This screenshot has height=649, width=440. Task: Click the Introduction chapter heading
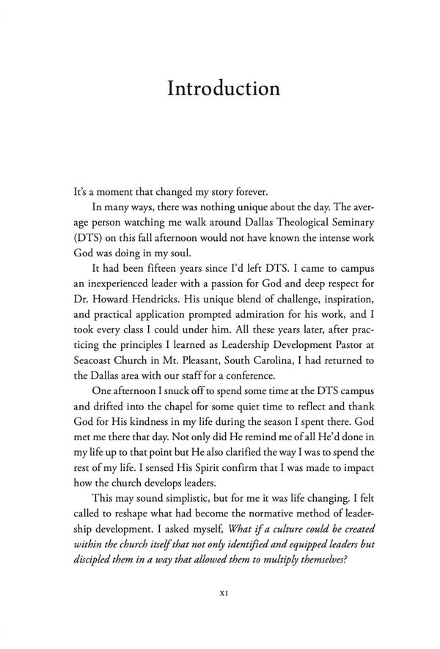click(223, 89)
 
